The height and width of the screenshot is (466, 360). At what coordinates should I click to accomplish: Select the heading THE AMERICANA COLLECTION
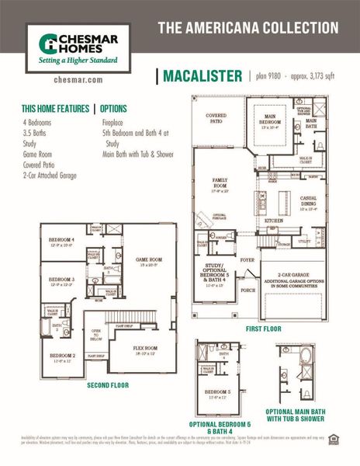[x=248, y=28]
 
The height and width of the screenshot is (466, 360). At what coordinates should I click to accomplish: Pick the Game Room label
[x=148, y=261]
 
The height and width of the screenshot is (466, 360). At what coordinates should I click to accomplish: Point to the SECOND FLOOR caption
[x=108, y=385]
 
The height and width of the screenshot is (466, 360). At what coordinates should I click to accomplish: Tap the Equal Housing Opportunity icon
[x=334, y=439]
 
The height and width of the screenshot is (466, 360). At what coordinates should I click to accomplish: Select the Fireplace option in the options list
[x=117, y=123]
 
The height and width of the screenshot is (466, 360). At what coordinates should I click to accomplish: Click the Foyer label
[x=247, y=261]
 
